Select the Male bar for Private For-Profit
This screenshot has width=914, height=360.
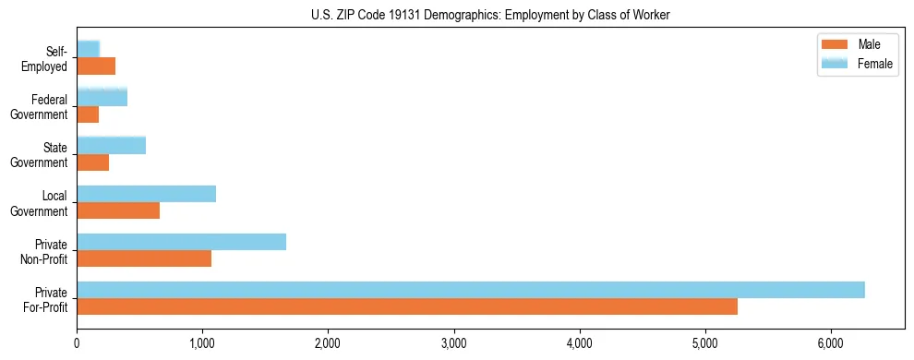pyautogui.click(x=407, y=306)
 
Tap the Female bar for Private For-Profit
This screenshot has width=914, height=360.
pyautogui.click(x=471, y=290)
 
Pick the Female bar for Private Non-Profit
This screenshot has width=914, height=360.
pyautogui.click(x=181, y=242)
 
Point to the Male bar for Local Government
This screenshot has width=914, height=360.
pyautogui.click(x=118, y=210)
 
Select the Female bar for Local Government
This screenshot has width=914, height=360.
pyautogui.click(x=146, y=194)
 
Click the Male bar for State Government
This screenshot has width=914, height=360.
pyautogui.click(x=92, y=162)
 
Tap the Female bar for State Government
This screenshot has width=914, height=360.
pyautogui.click(x=111, y=146)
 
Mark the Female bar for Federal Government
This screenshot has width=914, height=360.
pyautogui.click(x=102, y=97)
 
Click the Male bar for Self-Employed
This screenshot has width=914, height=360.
pyautogui.click(x=96, y=66)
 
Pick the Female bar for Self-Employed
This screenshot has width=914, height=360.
pyautogui.click(x=88, y=49)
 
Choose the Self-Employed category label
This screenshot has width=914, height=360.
pyautogui.click(x=49, y=58)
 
